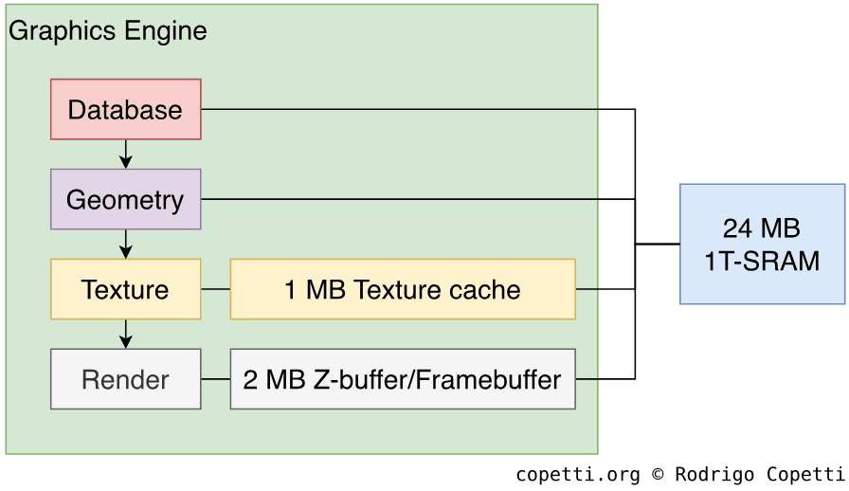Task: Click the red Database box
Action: coord(125,109)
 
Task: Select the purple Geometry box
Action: coord(125,199)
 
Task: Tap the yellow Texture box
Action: coord(125,289)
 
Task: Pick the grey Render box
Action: coord(125,379)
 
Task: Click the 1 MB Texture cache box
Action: coord(402,289)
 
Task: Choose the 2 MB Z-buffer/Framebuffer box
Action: coord(402,379)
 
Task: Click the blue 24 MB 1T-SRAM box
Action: coord(762,244)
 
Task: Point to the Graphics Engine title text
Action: coord(107,31)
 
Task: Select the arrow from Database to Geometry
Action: coord(126,154)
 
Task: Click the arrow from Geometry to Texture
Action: coord(126,244)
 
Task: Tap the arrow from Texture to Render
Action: coord(126,334)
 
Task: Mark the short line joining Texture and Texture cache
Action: coord(215,289)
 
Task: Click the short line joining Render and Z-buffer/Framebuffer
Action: coord(215,379)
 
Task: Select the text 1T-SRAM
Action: coord(762,261)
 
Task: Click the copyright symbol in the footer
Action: coord(658,474)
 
